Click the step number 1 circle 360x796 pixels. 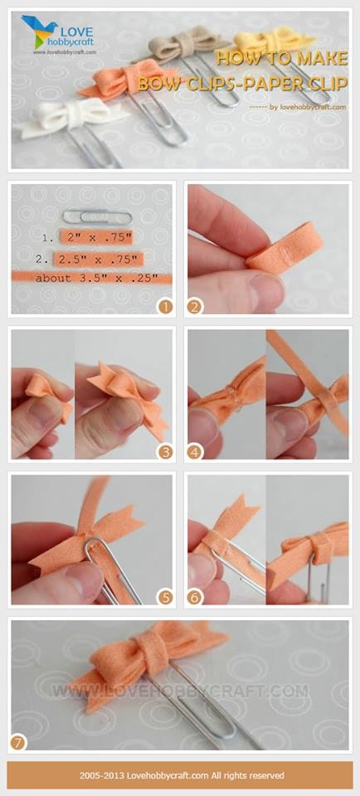(165, 306)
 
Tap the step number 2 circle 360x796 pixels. (195, 306)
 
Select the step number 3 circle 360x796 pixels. (165, 451)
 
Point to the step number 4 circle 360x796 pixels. (195, 451)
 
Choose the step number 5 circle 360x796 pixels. (165, 597)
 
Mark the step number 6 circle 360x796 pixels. (195, 597)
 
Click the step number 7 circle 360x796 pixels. (19, 743)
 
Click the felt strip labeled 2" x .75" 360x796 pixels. (96, 237)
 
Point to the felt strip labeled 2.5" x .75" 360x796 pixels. (99, 260)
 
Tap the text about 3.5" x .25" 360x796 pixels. (96, 279)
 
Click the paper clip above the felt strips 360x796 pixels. (98, 217)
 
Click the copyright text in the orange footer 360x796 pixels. (182, 775)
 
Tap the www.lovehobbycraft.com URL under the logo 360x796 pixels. (65, 51)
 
